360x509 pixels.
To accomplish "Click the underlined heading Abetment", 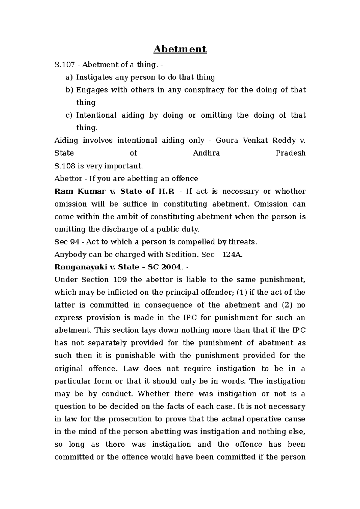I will [180, 49].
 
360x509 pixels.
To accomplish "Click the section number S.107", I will [64, 65].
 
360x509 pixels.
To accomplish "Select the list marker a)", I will [69, 78].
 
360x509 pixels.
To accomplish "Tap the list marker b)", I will [69, 90].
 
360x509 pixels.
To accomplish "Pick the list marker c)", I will [69, 115].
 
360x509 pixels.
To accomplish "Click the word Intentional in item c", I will [96, 115].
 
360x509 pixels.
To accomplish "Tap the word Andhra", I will [206, 153].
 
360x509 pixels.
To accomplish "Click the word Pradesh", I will [290, 153].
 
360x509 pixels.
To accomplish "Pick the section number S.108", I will [64, 166].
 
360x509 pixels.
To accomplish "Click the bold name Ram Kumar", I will [80, 191].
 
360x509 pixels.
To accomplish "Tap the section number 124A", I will [232, 255].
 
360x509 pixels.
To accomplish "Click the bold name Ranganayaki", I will [79, 267].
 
